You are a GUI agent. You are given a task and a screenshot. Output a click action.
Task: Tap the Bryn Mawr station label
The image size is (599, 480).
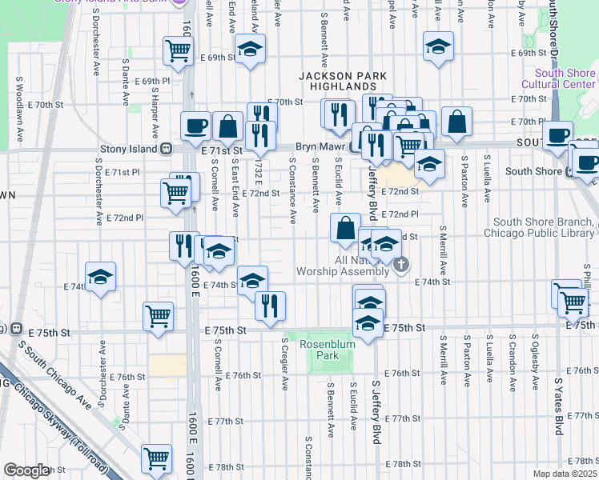(x=319, y=148)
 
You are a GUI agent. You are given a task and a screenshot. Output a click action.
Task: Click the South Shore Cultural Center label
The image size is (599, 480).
(x=558, y=78)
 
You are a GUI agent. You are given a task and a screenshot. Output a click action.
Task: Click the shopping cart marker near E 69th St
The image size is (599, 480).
(x=177, y=50)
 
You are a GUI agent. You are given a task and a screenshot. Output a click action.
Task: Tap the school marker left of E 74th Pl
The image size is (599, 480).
(x=101, y=277)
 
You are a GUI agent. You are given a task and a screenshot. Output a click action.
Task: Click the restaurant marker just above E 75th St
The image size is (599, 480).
(x=271, y=305)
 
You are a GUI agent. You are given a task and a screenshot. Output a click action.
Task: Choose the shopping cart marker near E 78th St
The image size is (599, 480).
(x=156, y=459)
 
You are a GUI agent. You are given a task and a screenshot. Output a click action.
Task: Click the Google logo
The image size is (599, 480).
(x=27, y=470)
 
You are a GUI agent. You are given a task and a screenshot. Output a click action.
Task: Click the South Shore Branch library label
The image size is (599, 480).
(x=542, y=228)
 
